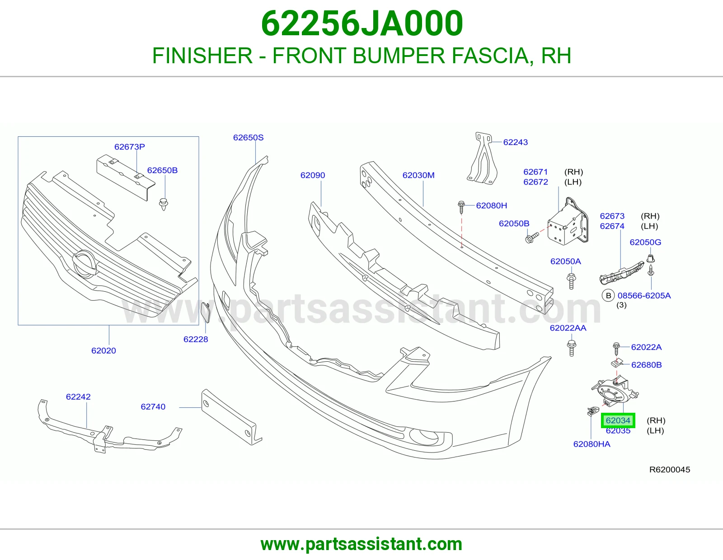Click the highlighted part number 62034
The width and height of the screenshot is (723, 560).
click(618, 420)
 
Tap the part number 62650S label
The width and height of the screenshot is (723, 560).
click(248, 137)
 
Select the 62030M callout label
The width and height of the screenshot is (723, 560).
click(418, 175)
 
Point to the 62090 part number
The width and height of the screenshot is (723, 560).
click(312, 175)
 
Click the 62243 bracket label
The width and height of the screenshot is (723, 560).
click(516, 142)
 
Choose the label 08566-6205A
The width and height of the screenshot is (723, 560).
click(644, 295)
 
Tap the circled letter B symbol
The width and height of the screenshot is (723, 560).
click(609, 295)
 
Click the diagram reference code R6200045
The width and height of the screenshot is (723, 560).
click(670, 470)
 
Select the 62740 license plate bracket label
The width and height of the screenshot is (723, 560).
click(153, 406)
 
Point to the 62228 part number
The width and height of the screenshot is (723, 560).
click(196, 339)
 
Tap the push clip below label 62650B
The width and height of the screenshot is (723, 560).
click(164, 204)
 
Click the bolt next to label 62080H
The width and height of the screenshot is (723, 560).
click(461, 207)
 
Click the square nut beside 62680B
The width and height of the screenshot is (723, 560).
click(617, 363)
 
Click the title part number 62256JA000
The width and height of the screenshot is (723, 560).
click(361, 23)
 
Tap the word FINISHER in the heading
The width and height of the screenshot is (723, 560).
click(202, 56)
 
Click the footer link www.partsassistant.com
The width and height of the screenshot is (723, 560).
click(361, 544)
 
